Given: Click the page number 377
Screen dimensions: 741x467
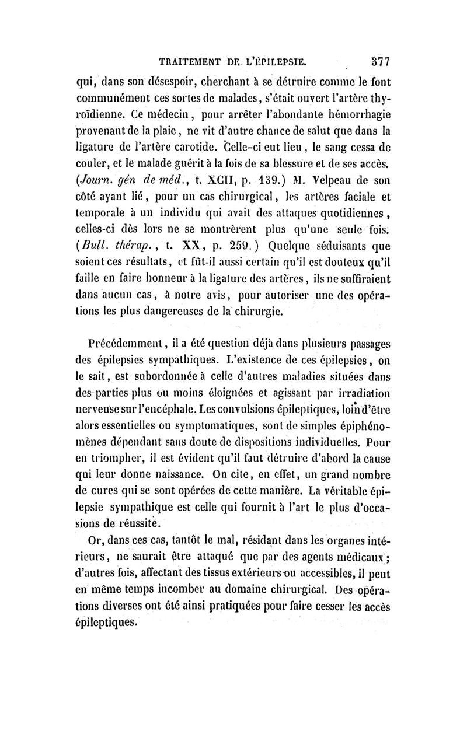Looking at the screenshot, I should click(x=378, y=60).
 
